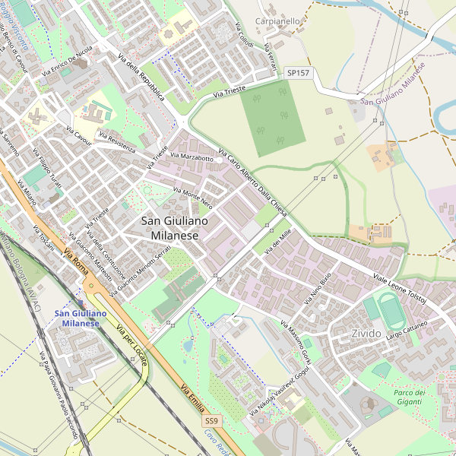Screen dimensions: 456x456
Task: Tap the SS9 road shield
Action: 211,420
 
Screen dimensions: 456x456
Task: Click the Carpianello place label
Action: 277,21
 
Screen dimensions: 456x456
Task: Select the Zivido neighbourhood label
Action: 366,334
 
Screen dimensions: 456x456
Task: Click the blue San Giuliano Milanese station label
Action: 80,318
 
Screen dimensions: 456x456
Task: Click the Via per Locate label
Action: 132,345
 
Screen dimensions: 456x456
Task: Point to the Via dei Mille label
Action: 277,242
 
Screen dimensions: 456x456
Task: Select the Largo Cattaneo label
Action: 407,330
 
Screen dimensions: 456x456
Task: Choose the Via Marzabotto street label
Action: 195,156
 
